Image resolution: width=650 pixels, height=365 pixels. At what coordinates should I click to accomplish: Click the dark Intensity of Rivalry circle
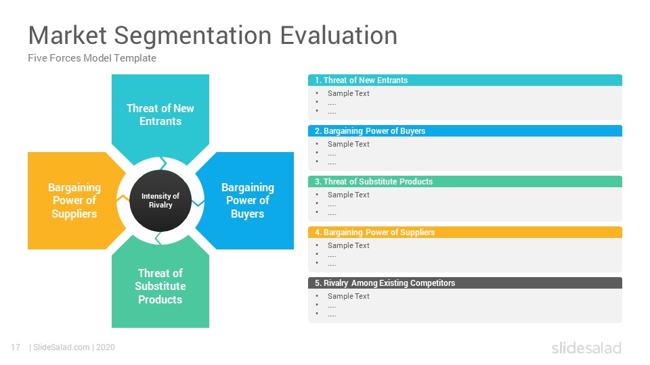[x=160, y=201]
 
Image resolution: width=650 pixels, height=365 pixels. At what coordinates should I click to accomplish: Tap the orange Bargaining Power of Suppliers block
[x=74, y=201]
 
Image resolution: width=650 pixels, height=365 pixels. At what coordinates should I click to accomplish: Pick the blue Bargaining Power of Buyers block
[x=248, y=201]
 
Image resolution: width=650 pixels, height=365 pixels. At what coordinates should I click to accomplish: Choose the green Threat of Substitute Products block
[x=160, y=285]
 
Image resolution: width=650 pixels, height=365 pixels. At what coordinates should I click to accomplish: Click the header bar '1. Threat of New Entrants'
[x=464, y=80]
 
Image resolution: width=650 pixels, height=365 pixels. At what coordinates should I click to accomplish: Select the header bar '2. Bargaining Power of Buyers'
[x=464, y=130]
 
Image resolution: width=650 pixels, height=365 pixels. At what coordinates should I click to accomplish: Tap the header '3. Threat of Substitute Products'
[x=464, y=182]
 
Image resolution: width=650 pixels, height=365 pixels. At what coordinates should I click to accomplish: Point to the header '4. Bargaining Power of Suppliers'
[x=464, y=232]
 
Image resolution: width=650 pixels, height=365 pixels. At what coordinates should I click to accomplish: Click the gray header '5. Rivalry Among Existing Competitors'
[x=464, y=283]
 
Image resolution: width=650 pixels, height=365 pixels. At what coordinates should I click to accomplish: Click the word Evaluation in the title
[x=339, y=35]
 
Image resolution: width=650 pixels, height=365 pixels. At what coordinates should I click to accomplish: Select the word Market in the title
[x=68, y=35]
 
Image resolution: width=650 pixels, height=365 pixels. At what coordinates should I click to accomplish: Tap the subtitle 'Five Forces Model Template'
[x=92, y=58]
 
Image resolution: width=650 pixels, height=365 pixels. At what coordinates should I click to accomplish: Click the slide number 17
[x=16, y=347]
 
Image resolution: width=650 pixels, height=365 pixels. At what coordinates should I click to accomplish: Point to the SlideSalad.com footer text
[x=62, y=347]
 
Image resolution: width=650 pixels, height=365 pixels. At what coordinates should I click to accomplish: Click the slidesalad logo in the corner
[x=586, y=347]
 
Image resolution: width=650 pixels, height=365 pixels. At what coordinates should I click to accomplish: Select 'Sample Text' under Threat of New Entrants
[x=348, y=93]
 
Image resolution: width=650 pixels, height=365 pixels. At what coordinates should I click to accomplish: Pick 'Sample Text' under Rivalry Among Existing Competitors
[x=348, y=296]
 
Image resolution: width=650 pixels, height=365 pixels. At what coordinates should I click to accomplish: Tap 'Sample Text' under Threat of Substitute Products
[x=348, y=195]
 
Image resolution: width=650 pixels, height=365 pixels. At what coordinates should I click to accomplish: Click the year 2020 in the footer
[x=106, y=347]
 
